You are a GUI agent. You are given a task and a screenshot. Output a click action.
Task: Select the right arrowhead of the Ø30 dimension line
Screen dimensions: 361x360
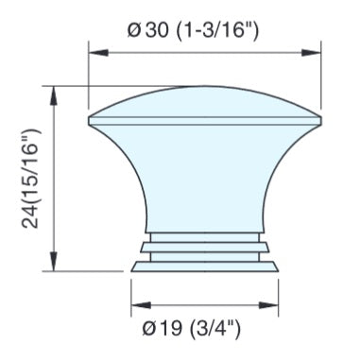click(314, 54)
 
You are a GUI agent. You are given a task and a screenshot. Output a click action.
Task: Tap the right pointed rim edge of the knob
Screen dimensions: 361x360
click(317, 120)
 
